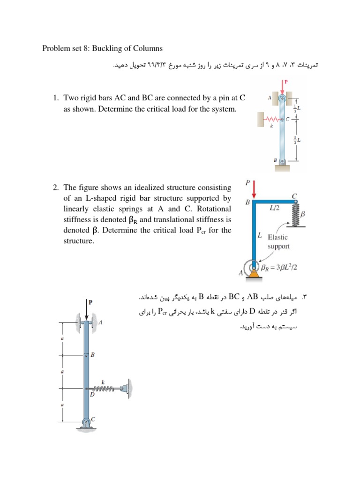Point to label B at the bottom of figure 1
pyautogui.click(x=276, y=160)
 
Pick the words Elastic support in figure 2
pyautogui.click(x=278, y=242)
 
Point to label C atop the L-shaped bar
pyautogui.click(x=294, y=195)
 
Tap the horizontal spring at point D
pyautogui.click(x=105, y=388)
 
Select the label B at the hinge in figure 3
pyautogui.click(x=92, y=355)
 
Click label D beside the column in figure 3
pyautogui.click(x=92, y=395)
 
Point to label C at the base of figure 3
pyautogui.click(x=93, y=420)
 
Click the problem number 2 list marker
pyautogui.click(x=55, y=187)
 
